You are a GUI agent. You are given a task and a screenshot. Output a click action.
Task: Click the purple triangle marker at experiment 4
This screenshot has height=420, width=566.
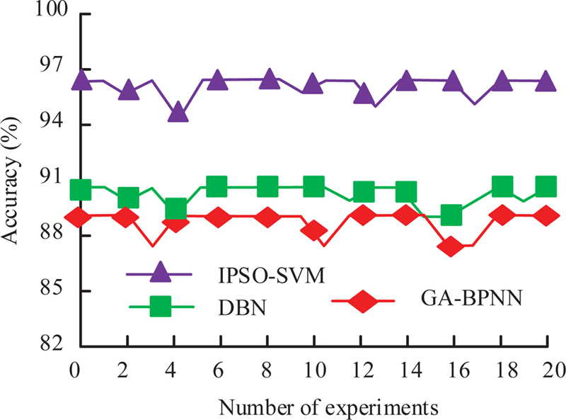[178, 112]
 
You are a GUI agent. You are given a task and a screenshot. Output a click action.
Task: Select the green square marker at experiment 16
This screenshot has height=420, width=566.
[451, 215]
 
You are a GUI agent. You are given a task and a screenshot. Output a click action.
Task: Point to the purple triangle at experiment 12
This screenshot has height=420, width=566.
[364, 94]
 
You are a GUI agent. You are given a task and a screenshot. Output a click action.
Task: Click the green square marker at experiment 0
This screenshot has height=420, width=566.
[81, 190]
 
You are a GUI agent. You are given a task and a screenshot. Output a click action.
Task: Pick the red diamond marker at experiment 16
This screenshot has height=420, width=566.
[450, 246]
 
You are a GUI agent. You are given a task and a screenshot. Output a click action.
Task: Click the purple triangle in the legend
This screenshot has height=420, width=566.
[161, 273]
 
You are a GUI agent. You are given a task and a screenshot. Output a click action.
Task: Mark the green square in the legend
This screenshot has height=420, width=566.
[161, 307]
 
